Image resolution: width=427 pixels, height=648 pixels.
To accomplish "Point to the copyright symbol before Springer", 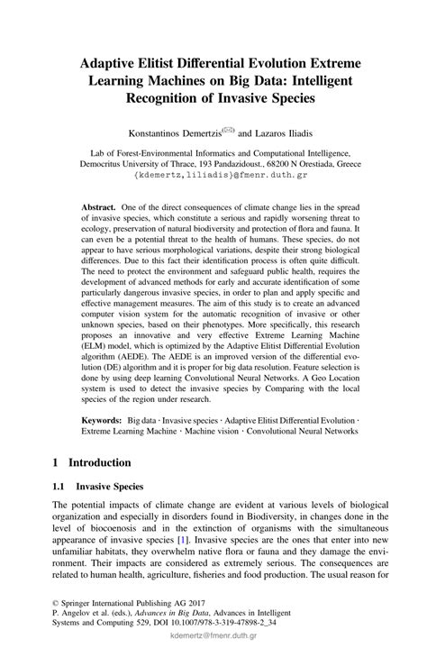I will click(x=57, y=608).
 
